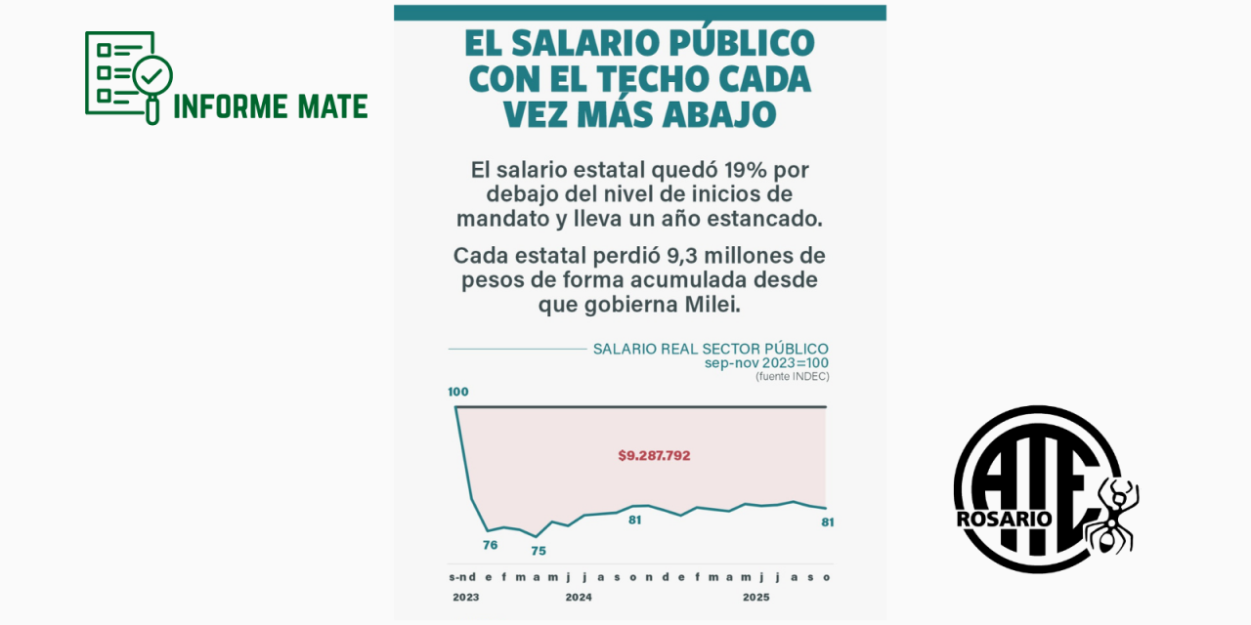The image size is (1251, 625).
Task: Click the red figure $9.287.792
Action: (654, 455)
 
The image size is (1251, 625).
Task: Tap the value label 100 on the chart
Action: (458, 392)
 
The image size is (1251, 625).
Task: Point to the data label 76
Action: (490, 545)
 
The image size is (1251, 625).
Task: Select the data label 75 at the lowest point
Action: (538, 551)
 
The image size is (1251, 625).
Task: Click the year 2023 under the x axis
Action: (465, 596)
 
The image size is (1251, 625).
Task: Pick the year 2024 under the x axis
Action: (578, 596)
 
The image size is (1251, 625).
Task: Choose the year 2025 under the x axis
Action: (755, 596)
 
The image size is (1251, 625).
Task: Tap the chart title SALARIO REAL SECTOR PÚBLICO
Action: (711, 349)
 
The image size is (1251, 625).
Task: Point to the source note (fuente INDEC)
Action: (792, 376)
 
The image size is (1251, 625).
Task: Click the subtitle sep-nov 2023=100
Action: (766, 363)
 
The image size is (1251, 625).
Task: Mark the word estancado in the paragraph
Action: (768, 219)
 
